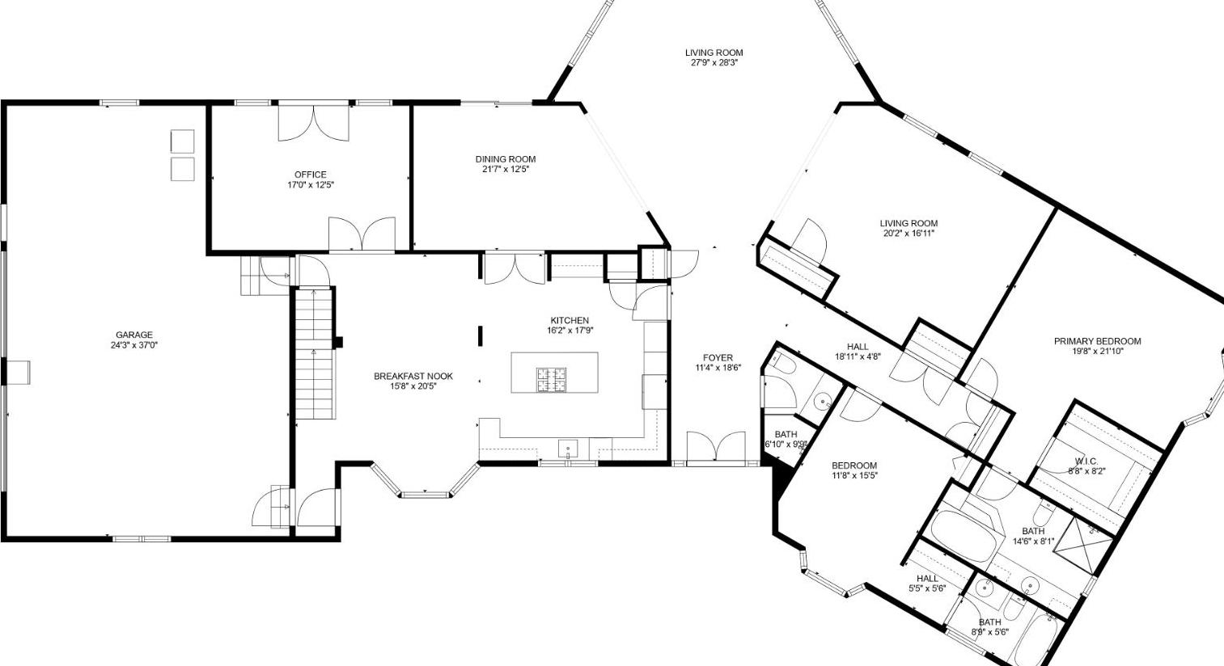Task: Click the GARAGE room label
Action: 133,335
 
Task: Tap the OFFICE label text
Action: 311,175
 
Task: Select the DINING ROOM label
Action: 506,159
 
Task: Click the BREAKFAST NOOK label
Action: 413,376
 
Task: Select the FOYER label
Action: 718,357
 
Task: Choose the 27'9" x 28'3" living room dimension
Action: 714,63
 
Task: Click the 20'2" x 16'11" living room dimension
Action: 908,234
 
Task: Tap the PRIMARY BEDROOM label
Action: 1097,341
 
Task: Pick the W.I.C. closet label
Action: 1086,462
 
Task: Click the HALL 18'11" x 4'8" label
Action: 858,351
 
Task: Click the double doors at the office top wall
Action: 314,122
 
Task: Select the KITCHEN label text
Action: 570,320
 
